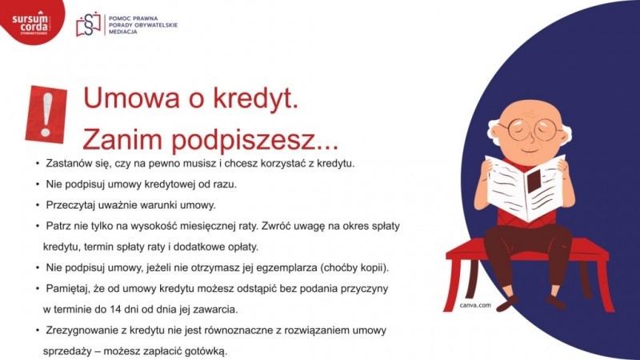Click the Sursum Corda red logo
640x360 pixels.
[30, 21]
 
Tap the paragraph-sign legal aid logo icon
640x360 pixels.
[88, 25]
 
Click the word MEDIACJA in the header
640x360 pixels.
[123, 32]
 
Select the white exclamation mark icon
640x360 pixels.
[47, 114]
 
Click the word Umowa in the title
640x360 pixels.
[131, 98]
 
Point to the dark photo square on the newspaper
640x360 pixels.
[534, 182]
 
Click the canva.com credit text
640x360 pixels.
[475, 305]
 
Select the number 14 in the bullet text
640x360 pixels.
[114, 310]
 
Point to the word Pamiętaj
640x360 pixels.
[67, 289]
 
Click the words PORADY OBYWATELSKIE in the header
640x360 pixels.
[143, 26]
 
